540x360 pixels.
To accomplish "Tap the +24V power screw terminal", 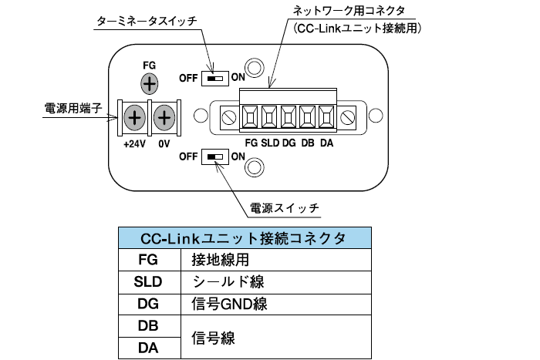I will click(134, 118).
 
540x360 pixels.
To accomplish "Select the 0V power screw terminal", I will click(164, 118).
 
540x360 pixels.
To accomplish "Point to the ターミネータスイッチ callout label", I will click(146, 22).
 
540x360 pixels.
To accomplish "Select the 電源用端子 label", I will click(68, 109).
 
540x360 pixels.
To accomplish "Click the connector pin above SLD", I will click(269, 117).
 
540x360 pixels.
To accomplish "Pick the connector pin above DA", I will click(326, 117).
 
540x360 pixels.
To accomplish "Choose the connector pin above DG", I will click(289, 117).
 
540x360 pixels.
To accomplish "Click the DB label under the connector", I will click(307, 143).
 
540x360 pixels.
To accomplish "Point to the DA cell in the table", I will click(148, 348).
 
